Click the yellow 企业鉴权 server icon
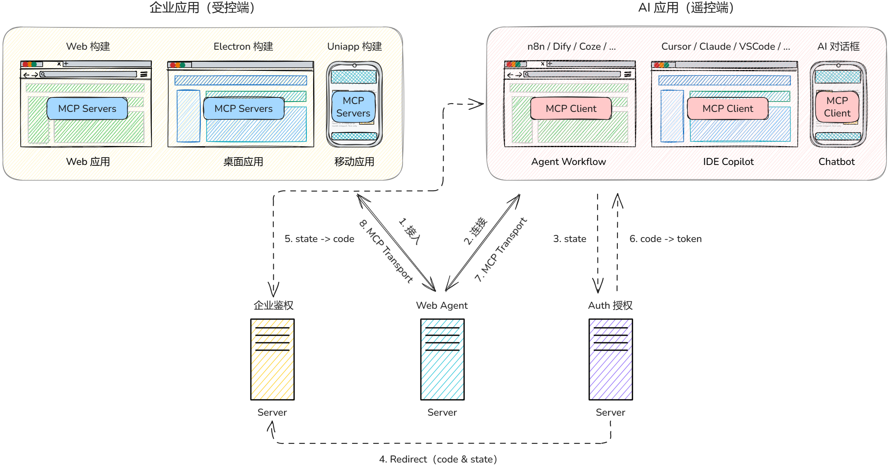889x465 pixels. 272,359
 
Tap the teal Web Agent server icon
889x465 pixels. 442,359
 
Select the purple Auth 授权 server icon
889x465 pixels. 611,359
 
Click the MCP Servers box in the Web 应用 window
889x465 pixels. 87,109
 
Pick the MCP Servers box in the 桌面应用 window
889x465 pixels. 243,109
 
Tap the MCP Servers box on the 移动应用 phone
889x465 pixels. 353,107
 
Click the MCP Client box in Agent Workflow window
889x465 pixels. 571,109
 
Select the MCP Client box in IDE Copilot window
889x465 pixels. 728,109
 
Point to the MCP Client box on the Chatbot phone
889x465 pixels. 837,107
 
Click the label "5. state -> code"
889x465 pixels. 319,239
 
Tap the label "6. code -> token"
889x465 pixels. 666,239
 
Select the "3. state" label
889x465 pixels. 570,239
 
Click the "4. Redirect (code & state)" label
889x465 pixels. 438,459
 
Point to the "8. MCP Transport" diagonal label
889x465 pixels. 386,252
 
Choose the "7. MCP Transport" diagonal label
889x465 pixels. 500,249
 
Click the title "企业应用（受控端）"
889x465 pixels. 202,7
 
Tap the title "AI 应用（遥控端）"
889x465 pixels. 686,7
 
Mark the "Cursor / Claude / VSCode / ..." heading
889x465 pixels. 726,46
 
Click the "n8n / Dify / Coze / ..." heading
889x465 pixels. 571,46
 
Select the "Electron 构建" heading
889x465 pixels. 243,46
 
